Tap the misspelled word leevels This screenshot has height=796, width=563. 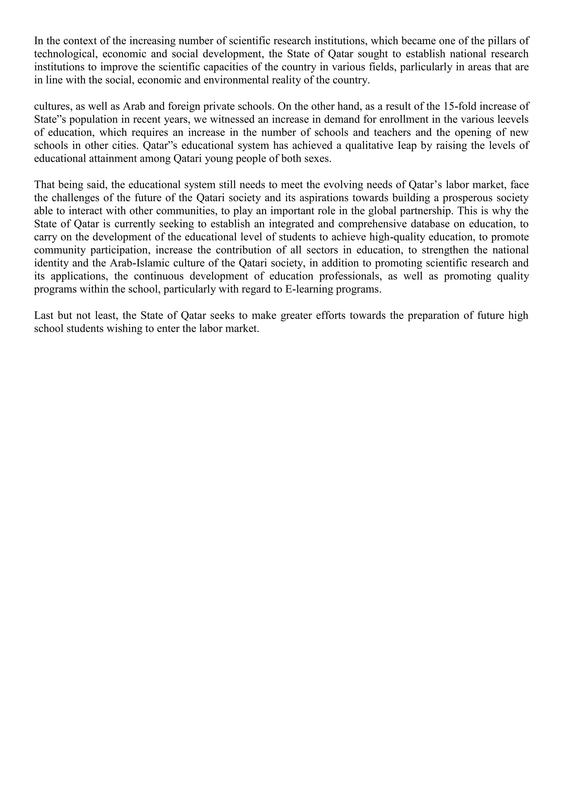pyautogui.click(x=512, y=120)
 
